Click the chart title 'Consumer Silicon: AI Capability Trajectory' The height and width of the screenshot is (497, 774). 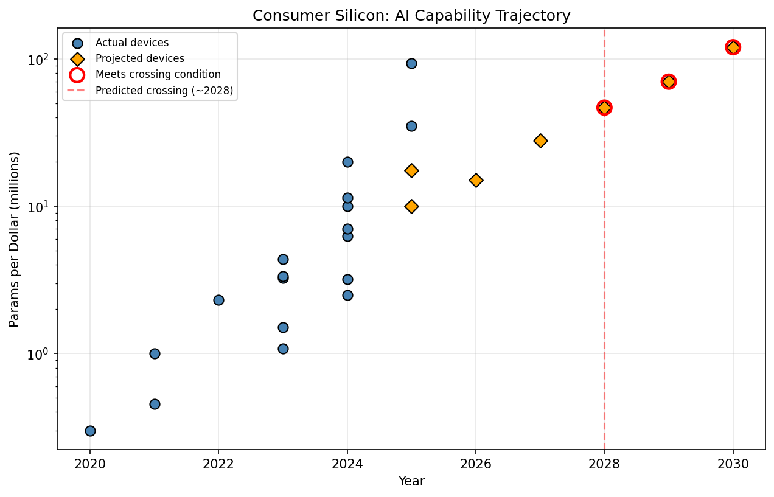click(411, 16)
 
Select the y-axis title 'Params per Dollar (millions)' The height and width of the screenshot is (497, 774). click(15, 240)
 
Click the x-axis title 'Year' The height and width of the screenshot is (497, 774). click(411, 482)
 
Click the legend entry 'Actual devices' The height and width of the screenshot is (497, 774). click(132, 43)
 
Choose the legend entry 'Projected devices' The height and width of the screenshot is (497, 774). click(139, 59)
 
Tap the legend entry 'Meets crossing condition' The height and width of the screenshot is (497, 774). click(158, 75)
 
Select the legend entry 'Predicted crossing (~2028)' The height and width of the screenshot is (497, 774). click(164, 91)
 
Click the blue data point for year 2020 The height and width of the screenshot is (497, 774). click(90, 431)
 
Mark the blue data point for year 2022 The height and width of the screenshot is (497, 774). click(218, 300)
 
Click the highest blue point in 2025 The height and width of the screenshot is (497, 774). click(411, 63)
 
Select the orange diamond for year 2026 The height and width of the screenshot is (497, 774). click(476, 180)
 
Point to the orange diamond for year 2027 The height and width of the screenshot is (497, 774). click(540, 141)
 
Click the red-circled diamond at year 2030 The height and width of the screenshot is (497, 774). click(733, 47)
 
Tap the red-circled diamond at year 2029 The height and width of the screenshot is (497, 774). click(669, 82)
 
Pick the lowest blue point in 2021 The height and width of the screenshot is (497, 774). click(155, 404)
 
